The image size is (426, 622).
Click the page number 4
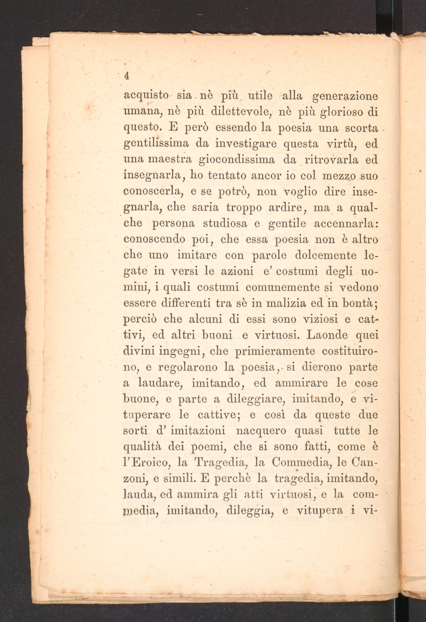click(x=127, y=76)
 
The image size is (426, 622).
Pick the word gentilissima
click(x=156, y=144)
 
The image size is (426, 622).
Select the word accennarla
click(x=346, y=223)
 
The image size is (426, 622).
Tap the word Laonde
click(x=327, y=335)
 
